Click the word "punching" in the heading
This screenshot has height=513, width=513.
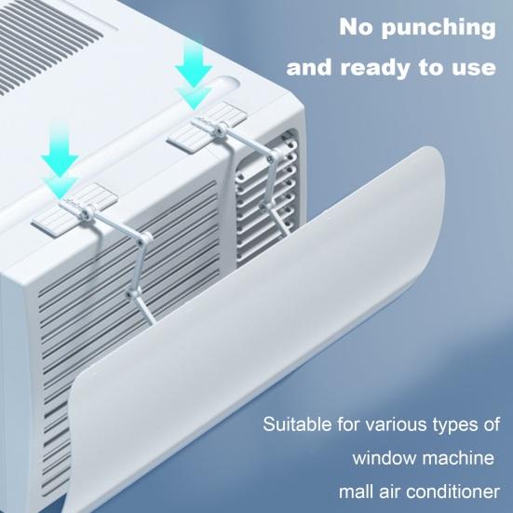pos(441,27)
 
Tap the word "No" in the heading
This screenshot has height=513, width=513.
pos(358,26)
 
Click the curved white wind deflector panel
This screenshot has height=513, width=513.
pos(279,307)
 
